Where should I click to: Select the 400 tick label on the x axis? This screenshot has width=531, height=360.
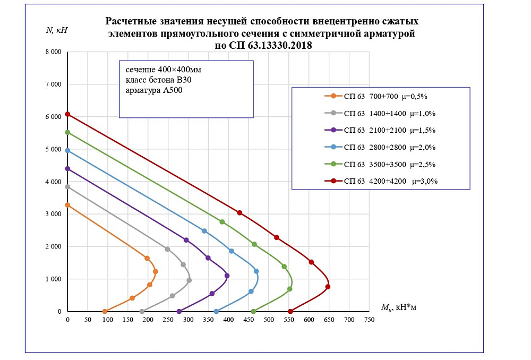(228, 321)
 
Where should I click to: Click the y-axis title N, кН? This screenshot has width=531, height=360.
(57, 30)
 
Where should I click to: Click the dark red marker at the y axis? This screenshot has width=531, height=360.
(67, 114)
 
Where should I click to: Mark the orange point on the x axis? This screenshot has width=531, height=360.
(105, 312)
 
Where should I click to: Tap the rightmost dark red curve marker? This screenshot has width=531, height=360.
(328, 287)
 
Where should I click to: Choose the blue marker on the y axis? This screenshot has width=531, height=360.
(67, 150)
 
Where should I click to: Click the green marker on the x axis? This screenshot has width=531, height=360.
(253, 312)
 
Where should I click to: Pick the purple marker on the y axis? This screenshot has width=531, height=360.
(67, 169)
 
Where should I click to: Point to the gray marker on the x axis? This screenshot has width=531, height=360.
(142, 312)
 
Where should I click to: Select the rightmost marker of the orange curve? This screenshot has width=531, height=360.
(156, 271)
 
